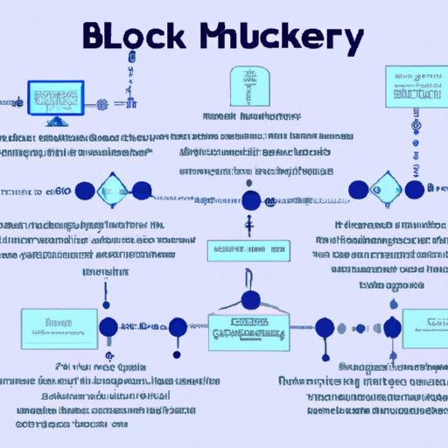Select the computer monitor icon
click(x=57, y=99)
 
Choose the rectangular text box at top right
click(x=414, y=85)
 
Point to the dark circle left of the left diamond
click(x=85, y=191)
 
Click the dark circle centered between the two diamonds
click(x=251, y=200)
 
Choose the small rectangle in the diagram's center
click(x=248, y=251)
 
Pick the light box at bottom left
click(x=64, y=325)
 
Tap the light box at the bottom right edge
click(x=424, y=325)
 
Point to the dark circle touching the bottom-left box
click(x=108, y=328)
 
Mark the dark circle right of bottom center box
click(x=325, y=328)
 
